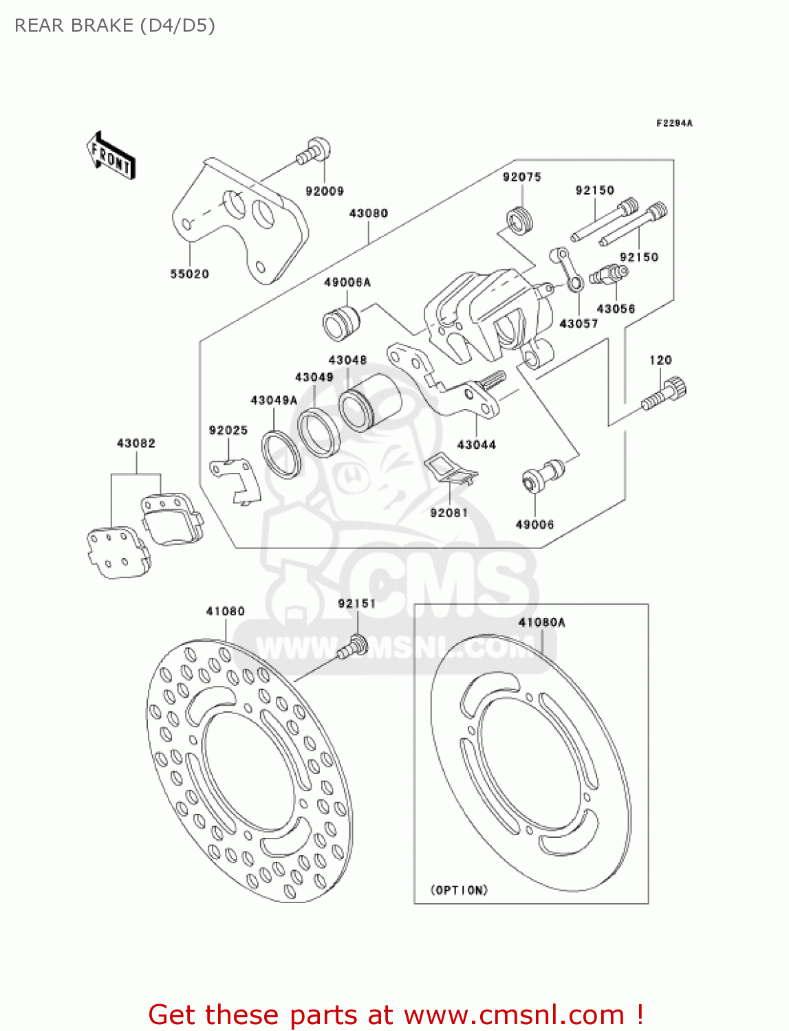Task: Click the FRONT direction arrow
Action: point(111,156)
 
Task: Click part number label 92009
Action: point(324,191)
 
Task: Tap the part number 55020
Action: point(189,274)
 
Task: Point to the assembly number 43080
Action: point(368,213)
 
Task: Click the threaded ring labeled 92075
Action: point(520,221)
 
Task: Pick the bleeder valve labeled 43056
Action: point(608,276)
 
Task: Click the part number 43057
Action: point(579,323)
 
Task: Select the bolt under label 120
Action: point(664,394)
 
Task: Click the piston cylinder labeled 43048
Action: point(370,403)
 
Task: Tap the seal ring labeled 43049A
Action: point(281,454)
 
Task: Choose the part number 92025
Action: point(228,430)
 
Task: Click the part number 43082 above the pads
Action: point(136,443)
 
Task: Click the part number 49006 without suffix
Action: point(534,524)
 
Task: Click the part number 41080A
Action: point(541,622)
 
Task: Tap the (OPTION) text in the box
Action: point(459,890)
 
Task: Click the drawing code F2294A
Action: point(674,124)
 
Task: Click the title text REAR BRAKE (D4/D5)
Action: point(115,25)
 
